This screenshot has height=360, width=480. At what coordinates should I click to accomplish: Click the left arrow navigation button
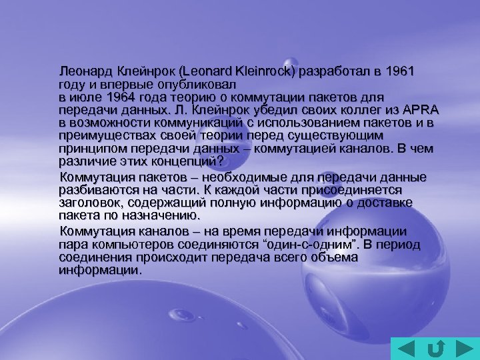pyautogui.click(x=403, y=348)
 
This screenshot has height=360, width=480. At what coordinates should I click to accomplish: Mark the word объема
pyautogui.click(x=332, y=257)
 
